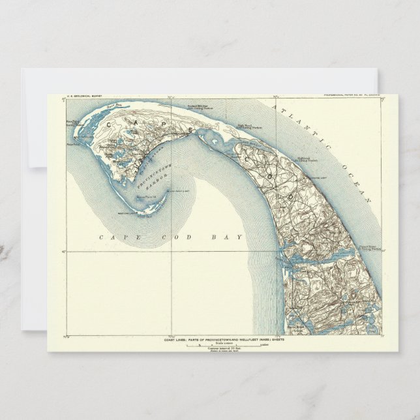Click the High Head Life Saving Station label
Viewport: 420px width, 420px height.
pyautogui.click(x=245, y=128)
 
